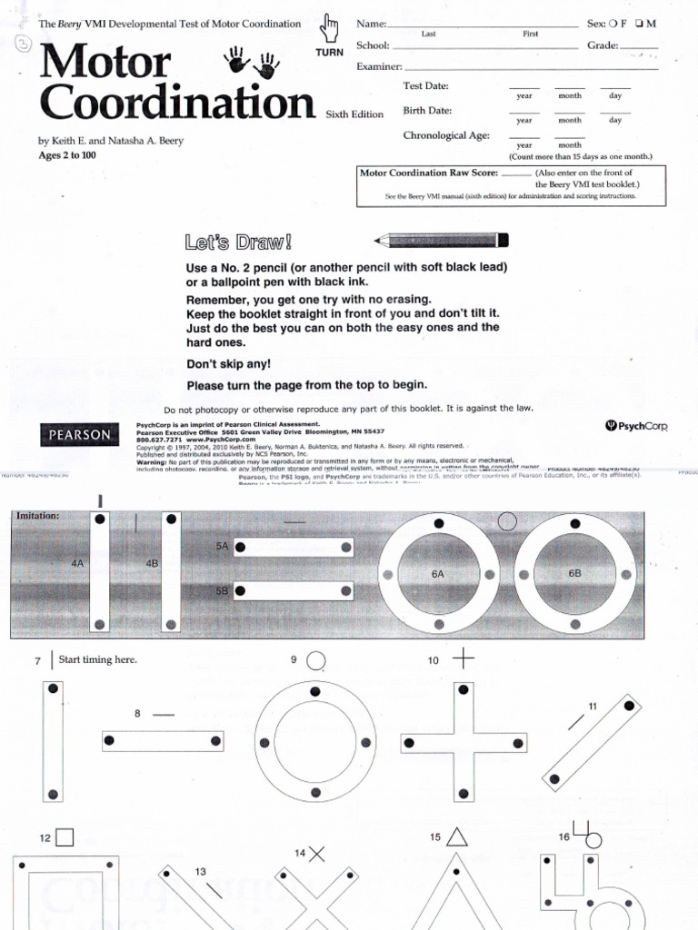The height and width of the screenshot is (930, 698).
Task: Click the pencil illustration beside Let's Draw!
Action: click(442, 241)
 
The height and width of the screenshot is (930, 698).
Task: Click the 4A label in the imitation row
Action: click(76, 563)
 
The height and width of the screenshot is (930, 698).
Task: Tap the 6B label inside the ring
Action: click(573, 574)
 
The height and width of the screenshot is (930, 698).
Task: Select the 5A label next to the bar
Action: click(222, 547)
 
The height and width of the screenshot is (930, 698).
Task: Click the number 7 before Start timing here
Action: click(37, 660)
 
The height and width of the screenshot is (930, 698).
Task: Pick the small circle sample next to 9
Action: click(316, 660)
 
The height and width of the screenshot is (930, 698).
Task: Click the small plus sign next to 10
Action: click(463, 659)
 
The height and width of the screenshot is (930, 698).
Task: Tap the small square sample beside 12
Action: click(64, 837)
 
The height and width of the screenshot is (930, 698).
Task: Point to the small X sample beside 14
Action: click(316, 853)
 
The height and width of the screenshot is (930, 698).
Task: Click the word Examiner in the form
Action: click(378, 67)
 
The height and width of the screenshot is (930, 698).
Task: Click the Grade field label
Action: click(602, 45)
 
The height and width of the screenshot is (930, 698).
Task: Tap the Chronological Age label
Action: click(446, 135)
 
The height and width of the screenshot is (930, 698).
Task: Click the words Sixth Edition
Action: click(354, 114)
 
